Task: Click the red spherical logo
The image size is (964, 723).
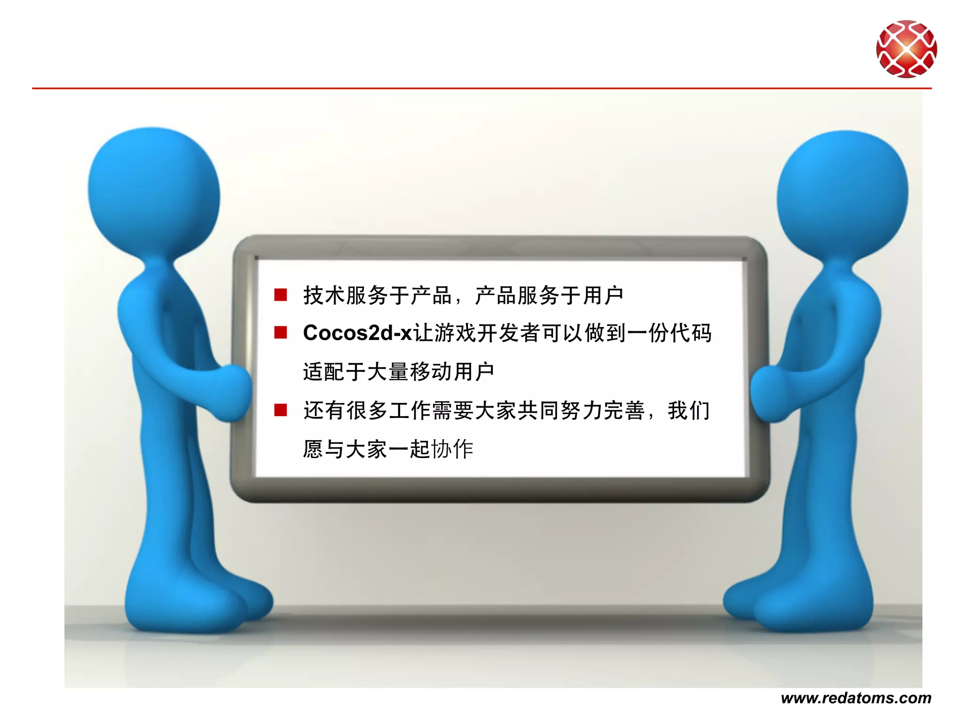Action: pyautogui.click(x=906, y=48)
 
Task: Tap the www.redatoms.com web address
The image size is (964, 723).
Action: pyautogui.click(x=856, y=698)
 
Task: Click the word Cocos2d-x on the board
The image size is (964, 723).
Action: pyautogui.click(x=357, y=333)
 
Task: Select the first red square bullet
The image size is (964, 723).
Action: pyautogui.click(x=281, y=295)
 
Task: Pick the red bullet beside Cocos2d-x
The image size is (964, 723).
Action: pyautogui.click(x=281, y=333)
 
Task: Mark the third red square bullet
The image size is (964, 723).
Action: pyautogui.click(x=281, y=410)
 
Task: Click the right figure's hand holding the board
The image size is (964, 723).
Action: pyautogui.click(x=767, y=393)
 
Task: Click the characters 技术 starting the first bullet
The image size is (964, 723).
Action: pyautogui.click(x=324, y=296)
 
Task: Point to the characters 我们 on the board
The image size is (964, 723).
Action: pyautogui.click(x=688, y=410)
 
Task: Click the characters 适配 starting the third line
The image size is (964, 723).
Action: pyautogui.click(x=323, y=371)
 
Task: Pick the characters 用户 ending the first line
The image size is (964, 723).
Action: pyautogui.click(x=603, y=296)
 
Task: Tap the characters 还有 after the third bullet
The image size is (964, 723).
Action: pyautogui.click(x=323, y=410)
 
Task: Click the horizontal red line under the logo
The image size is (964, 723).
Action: pyautogui.click(x=471, y=88)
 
